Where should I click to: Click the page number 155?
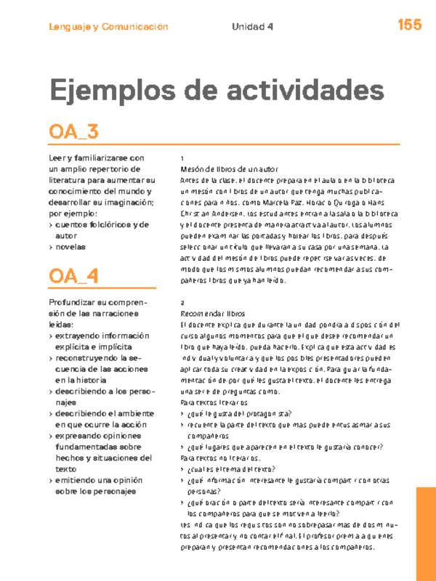[409, 25]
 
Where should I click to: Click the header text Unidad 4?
[252, 27]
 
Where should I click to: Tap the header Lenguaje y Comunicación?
[108, 27]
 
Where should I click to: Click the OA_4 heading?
[73, 276]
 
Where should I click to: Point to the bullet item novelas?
[70, 247]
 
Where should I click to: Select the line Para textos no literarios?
[220, 458]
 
